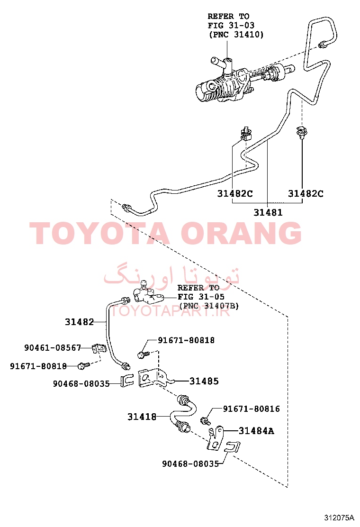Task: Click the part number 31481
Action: tap(268, 212)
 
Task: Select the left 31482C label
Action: tap(235, 193)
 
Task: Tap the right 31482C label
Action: tap(306, 193)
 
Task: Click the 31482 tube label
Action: tap(79, 322)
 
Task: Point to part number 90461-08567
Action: tap(53, 347)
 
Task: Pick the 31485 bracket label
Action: tap(204, 381)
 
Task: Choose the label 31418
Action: tap(142, 417)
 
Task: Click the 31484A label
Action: tap(257, 430)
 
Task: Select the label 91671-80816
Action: tap(252, 409)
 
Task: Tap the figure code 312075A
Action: tap(339, 517)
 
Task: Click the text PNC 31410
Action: tap(236, 34)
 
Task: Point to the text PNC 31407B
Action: tap(209, 306)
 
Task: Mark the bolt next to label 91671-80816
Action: tap(205, 421)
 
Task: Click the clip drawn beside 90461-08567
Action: tap(99, 348)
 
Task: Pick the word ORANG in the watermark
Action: tap(241, 233)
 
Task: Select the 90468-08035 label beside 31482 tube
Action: tap(81, 383)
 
